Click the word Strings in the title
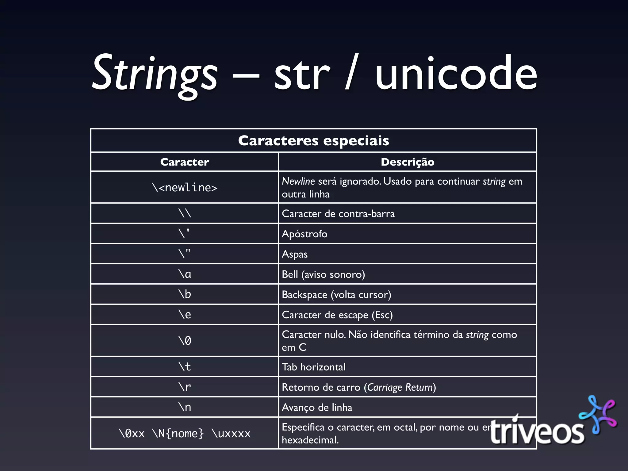155,74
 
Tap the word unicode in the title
456,74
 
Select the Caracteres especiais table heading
313,141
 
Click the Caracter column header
185,162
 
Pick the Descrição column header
408,162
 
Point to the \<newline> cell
185,187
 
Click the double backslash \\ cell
185,213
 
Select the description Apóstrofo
304,234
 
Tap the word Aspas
294,254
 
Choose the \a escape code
185,274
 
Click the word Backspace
304,295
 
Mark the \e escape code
185,315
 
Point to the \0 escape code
185,341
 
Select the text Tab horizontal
313,367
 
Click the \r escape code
185,387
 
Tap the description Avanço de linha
317,408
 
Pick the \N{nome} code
178,434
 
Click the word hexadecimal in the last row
310,440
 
